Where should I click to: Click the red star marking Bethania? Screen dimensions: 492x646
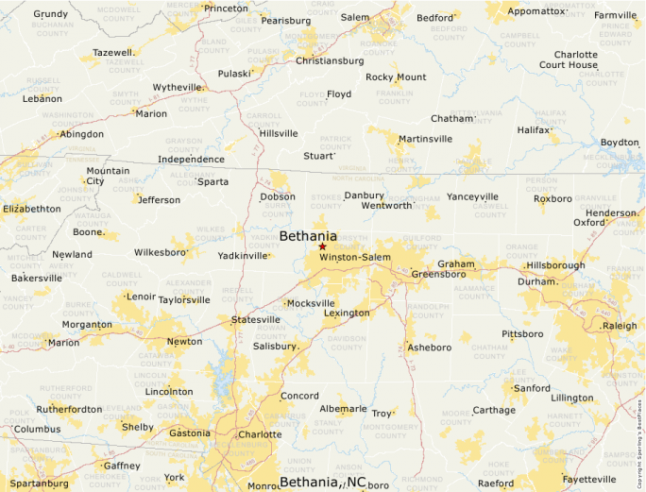point(322,246)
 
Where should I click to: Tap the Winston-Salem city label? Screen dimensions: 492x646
point(354,258)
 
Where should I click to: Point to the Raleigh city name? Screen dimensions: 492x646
point(620,325)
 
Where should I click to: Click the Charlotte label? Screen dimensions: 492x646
point(260,435)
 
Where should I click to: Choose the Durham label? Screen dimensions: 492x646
point(536,281)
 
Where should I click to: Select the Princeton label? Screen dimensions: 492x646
point(226,8)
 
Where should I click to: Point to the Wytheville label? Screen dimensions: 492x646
point(178,87)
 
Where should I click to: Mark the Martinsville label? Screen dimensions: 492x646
point(425,139)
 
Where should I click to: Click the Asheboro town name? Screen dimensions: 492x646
point(429,348)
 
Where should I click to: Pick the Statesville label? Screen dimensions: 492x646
point(256,320)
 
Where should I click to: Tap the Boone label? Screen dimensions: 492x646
point(88,232)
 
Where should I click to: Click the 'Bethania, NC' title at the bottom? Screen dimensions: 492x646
point(323,483)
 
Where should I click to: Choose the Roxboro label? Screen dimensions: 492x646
point(552,199)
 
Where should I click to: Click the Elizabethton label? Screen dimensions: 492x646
point(32,209)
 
